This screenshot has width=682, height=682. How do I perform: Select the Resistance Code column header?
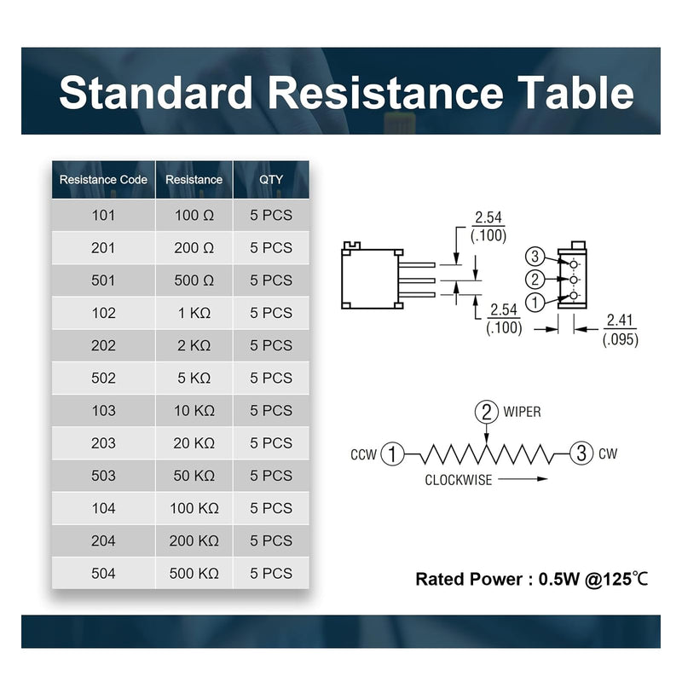point(103,180)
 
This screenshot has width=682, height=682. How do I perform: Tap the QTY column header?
point(271,180)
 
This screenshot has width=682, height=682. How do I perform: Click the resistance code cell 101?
point(103,216)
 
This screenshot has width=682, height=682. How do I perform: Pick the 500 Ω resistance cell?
point(194,280)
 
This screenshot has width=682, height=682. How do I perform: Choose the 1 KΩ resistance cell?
point(194,313)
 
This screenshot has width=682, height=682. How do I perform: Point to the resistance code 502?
point(103,378)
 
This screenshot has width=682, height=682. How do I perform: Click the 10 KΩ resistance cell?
point(194,411)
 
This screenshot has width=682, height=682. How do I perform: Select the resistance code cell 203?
point(103,443)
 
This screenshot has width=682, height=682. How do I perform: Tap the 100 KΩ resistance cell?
point(194,508)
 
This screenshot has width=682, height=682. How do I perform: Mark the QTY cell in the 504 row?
point(271,574)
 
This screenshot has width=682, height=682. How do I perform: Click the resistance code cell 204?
point(103,541)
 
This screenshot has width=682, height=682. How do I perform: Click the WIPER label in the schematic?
point(522,412)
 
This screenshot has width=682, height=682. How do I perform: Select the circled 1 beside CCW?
point(392,454)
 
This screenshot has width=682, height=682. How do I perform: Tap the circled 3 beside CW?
point(581,453)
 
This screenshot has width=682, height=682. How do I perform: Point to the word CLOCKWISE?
point(459,480)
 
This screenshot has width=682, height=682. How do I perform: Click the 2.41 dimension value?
point(620,321)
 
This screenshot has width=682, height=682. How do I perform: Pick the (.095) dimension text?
point(621,339)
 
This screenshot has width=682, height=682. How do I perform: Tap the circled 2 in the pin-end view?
point(535,280)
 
